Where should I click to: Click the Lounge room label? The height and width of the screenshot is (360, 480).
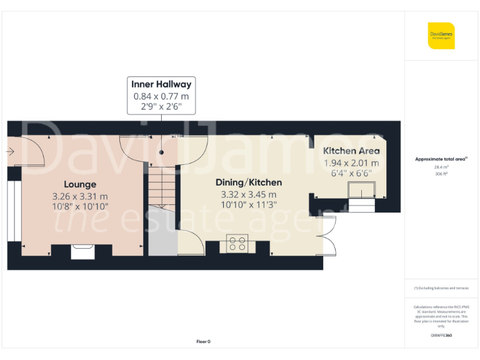80,184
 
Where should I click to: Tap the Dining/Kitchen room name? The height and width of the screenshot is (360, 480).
249,182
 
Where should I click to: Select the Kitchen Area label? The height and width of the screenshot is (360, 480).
351,151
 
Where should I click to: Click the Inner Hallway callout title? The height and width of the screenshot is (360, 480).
161,84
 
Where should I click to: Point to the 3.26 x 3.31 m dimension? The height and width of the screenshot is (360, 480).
80,196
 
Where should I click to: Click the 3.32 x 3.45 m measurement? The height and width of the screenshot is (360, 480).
249,194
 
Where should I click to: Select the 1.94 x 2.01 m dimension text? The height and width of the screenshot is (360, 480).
351,162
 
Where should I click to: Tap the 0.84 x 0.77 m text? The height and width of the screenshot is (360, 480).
161,96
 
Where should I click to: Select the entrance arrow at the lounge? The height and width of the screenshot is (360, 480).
12,151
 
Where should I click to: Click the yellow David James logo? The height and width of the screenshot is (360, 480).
441,36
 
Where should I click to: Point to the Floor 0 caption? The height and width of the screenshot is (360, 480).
203,342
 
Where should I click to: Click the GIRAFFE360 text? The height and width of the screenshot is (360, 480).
441,336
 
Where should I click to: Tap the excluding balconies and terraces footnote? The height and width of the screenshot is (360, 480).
441,288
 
